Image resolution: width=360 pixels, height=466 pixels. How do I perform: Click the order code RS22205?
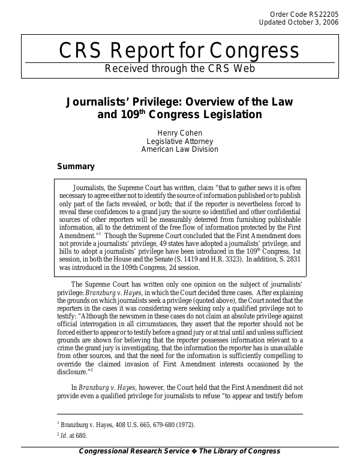(x=325, y=14)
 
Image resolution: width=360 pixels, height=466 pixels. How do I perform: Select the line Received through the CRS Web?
(x=180, y=68)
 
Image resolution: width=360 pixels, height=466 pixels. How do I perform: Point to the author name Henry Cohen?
(x=180, y=133)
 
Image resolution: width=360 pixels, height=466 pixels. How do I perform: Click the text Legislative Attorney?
(x=180, y=141)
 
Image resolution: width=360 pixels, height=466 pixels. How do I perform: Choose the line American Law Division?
(x=180, y=149)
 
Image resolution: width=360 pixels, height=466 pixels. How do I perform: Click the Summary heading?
(x=76, y=166)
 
